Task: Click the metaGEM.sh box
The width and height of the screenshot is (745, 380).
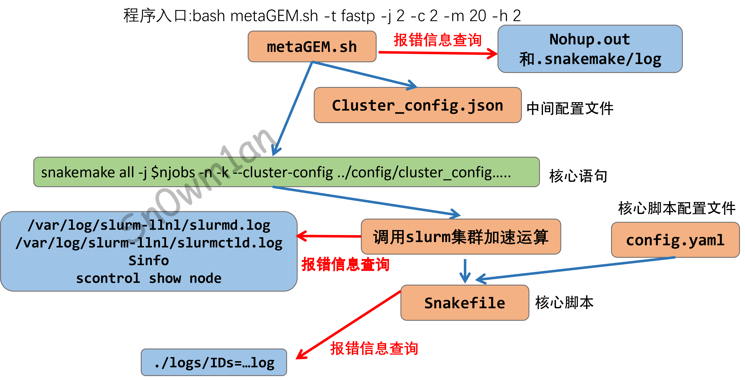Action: point(312,47)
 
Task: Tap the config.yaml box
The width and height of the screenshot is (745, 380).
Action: point(675,240)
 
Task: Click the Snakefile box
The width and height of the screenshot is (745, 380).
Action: point(465,303)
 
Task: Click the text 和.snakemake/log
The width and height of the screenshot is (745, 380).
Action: point(590,59)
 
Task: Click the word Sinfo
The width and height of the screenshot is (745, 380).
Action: point(149,261)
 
